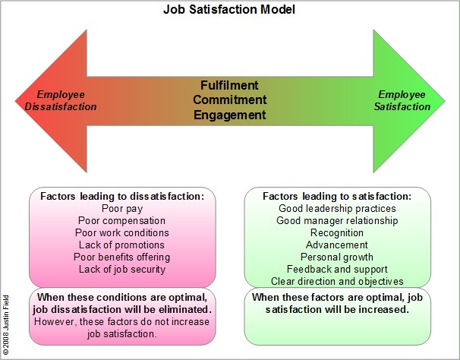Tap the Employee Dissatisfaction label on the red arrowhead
point(57,100)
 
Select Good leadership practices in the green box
point(337,208)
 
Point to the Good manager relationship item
point(337,220)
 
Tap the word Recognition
point(337,232)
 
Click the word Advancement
point(337,245)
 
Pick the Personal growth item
point(337,257)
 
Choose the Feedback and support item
point(337,269)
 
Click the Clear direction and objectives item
point(337,281)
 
